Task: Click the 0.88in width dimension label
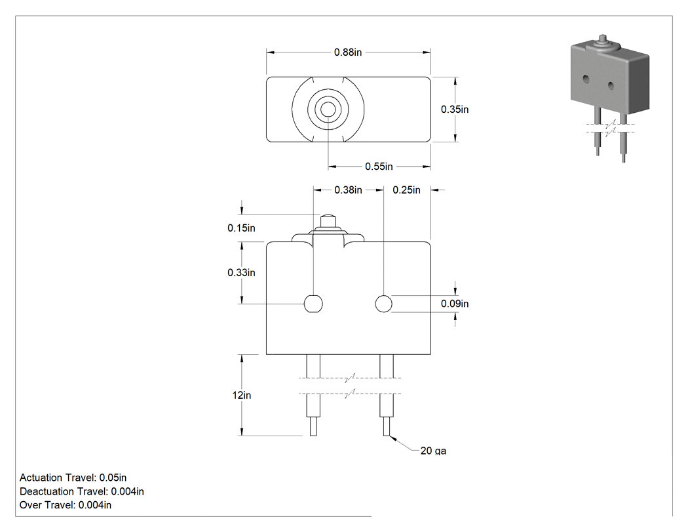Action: (x=348, y=52)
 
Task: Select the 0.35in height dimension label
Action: (x=455, y=110)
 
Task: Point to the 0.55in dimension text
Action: (x=379, y=167)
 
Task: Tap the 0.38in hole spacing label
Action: (x=348, y=190)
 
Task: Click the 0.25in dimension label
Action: (x=406, y=190)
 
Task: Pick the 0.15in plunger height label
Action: (x=241, y=228)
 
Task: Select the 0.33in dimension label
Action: (x=241, y=272)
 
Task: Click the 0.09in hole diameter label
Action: (x=455, y=304)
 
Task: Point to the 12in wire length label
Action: (x=242, y=396)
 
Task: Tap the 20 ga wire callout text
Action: (x=433, y=451)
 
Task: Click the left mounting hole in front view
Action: (x=313, y=304)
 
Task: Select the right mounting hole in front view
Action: (x=384, y=304)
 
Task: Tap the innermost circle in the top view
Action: (x=328, y=110)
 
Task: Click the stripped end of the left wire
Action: (x=313, y=426)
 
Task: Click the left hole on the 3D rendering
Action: (x=586, y=79)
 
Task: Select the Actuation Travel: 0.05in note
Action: (x=73, y=478)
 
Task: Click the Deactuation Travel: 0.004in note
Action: (x=82, y=491)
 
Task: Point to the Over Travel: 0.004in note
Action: (x=66, y=505)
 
